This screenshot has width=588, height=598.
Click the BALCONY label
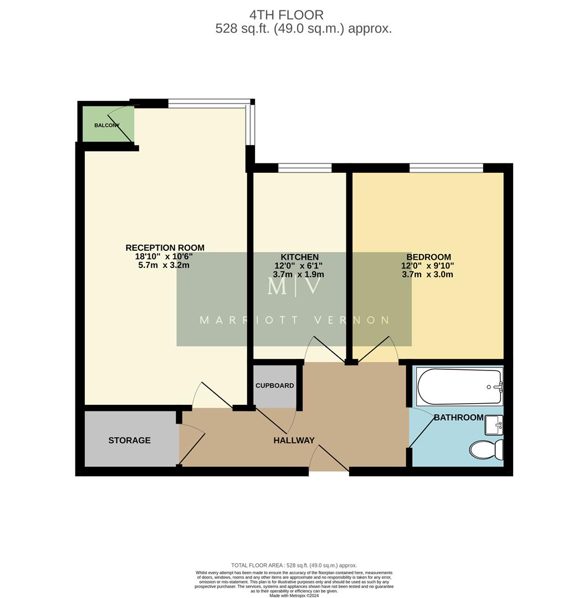(107, 125)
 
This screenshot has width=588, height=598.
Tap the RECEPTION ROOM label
(165, 248)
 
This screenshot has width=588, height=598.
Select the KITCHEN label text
(299, 257)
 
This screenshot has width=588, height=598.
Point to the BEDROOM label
(428, 257)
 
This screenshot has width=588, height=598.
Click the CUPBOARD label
(274, 385)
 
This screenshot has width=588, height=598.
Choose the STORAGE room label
(129, 440)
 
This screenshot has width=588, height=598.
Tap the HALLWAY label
(294, 440)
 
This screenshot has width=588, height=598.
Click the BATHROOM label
(458, 417)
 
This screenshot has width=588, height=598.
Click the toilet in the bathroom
(487, 449)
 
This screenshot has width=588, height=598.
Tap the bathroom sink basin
(494, 425)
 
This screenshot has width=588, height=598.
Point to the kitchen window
(304, 168)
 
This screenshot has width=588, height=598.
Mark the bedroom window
(446, 168)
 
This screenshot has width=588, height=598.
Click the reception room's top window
(209, 103)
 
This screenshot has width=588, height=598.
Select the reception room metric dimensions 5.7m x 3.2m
(165, 265)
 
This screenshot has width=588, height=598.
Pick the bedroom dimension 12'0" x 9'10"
(427, 266)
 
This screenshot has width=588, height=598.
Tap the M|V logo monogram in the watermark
(294, 286)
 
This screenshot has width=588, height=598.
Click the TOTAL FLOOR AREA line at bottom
(294, 565)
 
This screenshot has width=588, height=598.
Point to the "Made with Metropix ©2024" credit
(294, 595)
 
